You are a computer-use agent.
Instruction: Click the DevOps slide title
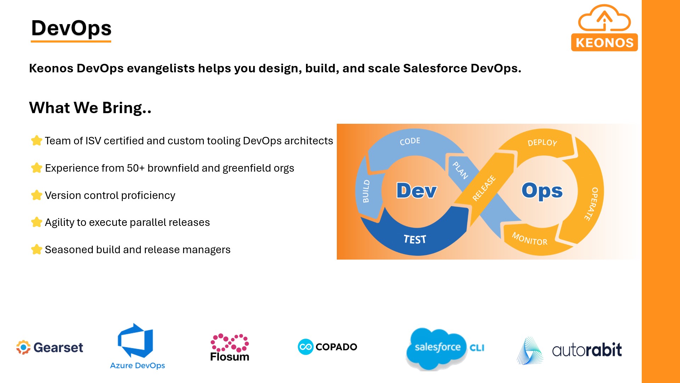coord(71,28)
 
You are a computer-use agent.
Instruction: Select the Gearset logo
coord(50,348)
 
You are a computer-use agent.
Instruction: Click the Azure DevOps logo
coord(137,346)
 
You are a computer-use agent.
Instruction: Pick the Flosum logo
coord(229,348)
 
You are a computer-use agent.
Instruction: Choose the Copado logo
coord(328,347)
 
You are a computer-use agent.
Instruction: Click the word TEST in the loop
coord(415,239)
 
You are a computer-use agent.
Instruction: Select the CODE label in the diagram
coord(410,141)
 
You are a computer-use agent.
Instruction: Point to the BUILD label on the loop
coord(366,191)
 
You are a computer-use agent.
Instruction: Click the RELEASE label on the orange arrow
coord(484,188)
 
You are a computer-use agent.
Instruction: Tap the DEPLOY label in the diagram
coord(542,143)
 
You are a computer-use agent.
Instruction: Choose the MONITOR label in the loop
coord(529,239)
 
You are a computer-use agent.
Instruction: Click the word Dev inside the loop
coord(416,191)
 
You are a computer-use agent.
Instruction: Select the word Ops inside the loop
coord(542,191)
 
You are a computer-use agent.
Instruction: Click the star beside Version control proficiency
coord(36,195)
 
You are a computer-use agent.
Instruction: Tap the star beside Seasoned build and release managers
coord(36,250)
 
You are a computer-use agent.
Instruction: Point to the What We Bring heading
coord(90,108)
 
